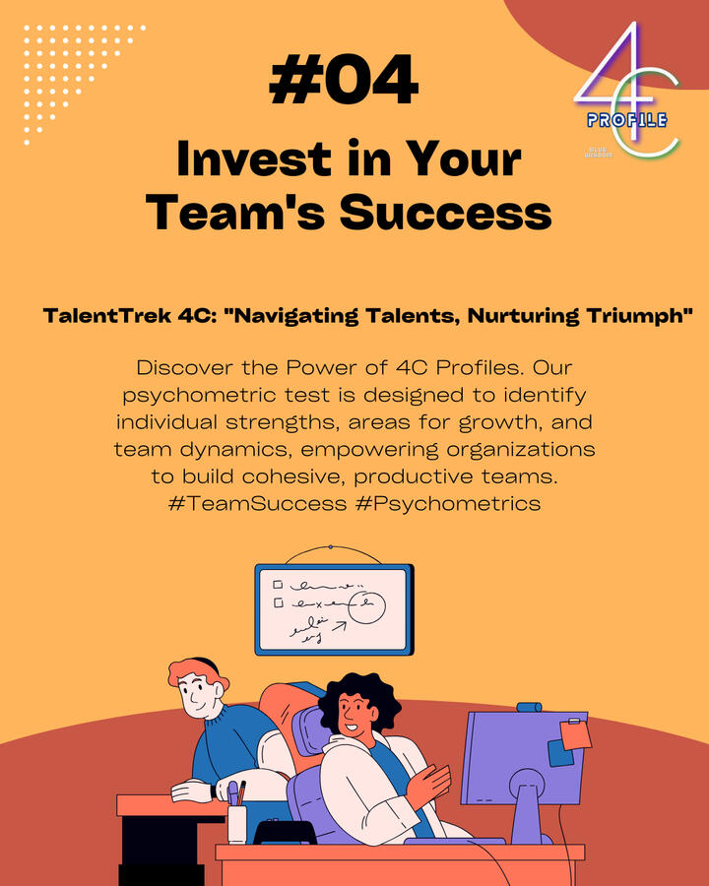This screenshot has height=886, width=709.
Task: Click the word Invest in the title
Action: click(254, 158)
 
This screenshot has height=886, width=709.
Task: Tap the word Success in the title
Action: click(445, 212)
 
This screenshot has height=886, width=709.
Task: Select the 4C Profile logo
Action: click(627, 91)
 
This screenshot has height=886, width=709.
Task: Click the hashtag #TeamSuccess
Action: click(257, 503)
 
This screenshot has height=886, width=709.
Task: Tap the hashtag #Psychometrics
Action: click(448, 504)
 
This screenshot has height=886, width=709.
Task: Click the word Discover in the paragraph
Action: click(184, 368)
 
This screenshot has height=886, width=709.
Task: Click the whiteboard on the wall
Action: click(334, 609)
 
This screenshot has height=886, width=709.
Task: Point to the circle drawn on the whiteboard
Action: click(367, 608)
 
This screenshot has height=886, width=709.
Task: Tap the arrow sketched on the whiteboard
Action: click(339, 626)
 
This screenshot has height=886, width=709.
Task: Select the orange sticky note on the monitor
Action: click(575, 734)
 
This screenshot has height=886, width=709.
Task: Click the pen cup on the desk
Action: click(237, 823)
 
